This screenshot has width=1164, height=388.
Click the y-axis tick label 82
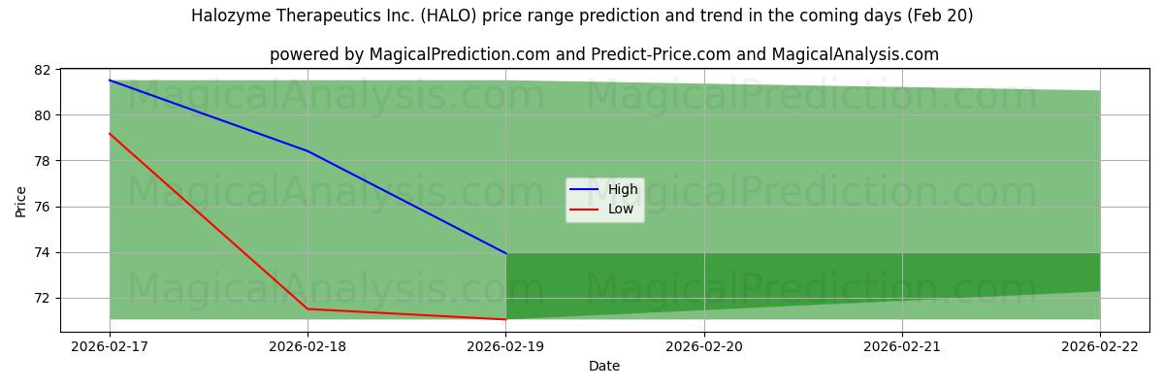point(43,70)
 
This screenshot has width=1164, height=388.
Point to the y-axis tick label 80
point(43,115)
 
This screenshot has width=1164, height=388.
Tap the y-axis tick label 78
point(43,161)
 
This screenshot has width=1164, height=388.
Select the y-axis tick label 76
point(43,207)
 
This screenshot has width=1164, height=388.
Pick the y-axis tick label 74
point(43,252)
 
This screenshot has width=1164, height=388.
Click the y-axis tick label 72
point(43,298)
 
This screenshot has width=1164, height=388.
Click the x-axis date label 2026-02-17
point(110,345)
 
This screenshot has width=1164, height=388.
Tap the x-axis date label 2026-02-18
point(307,345)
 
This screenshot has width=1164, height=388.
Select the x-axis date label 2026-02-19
point(505,345)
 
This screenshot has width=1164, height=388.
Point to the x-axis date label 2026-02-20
point(704,345)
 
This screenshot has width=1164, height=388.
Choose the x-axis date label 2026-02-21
point(902,345)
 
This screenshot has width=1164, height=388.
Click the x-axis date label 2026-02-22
point(1100,345)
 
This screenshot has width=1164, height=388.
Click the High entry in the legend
point(622,190)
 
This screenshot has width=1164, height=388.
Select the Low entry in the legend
point(620,209)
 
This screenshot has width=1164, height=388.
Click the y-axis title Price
point(21,201)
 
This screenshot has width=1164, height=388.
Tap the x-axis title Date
point(604,367)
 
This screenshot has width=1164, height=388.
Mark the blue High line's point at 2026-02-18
point(307,151)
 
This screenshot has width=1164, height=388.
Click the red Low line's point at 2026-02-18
point(307,308)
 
